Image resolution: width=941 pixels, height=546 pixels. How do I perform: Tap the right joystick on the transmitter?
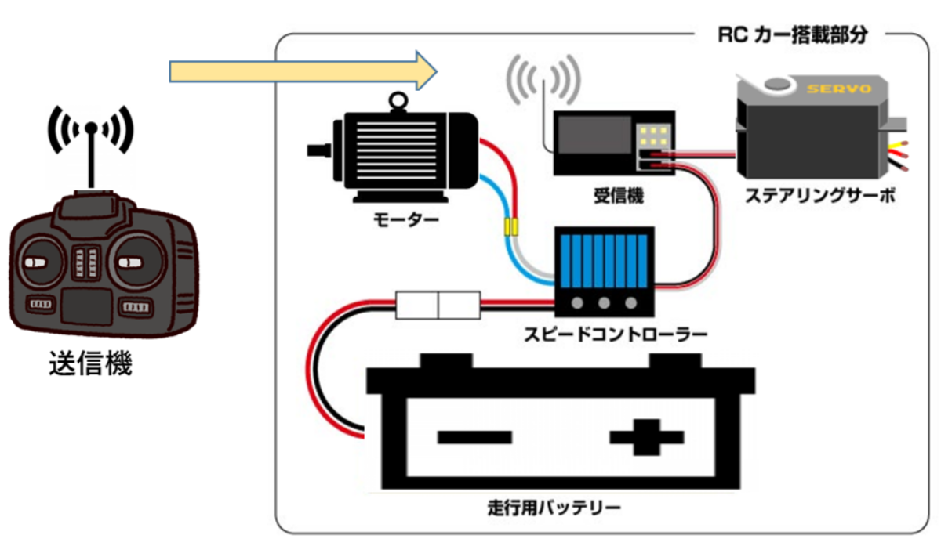131,260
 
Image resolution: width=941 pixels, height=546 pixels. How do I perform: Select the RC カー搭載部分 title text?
793,36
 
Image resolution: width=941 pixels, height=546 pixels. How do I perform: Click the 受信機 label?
618,196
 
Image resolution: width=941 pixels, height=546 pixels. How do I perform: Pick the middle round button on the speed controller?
604,302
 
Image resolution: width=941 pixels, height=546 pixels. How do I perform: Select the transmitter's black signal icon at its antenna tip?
91,125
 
